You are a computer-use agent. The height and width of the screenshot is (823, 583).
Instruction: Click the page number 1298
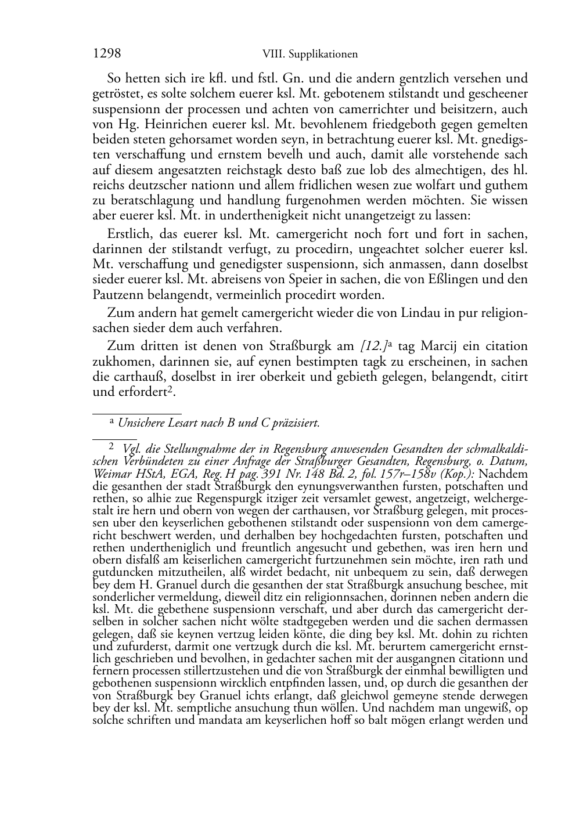click(x=107, y=54)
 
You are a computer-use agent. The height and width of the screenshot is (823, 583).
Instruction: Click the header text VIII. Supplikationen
click(x=310, y=55)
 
